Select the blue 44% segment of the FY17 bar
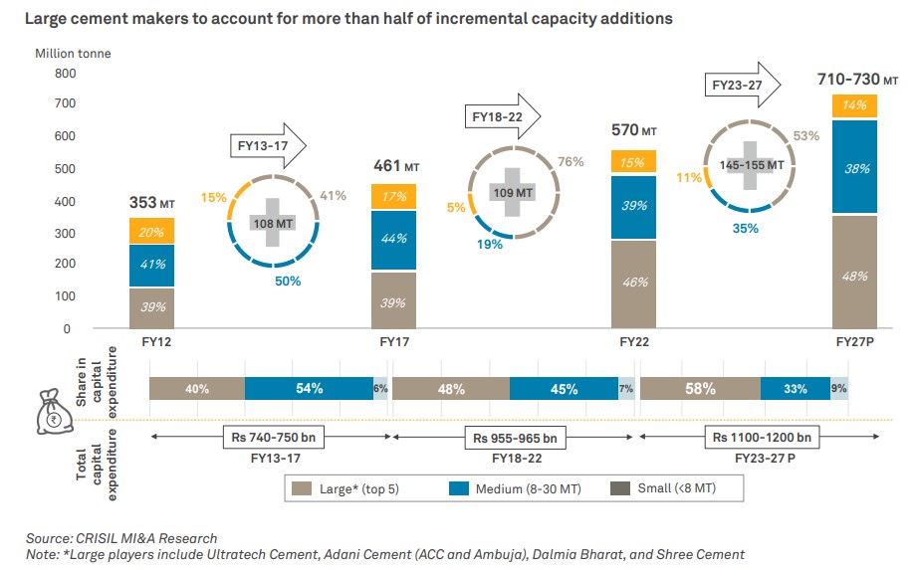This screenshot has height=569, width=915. tap(394, 240)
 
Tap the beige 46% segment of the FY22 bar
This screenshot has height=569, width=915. tap(633, 284)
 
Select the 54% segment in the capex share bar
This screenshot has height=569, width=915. tap(309, 388)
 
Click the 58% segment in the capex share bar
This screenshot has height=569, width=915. tap(700, 388)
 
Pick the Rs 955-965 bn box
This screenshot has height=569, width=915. tap(515, 437)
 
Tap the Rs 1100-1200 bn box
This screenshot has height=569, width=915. tap(761, 437)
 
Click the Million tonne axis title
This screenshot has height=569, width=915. tap(74, 53)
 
